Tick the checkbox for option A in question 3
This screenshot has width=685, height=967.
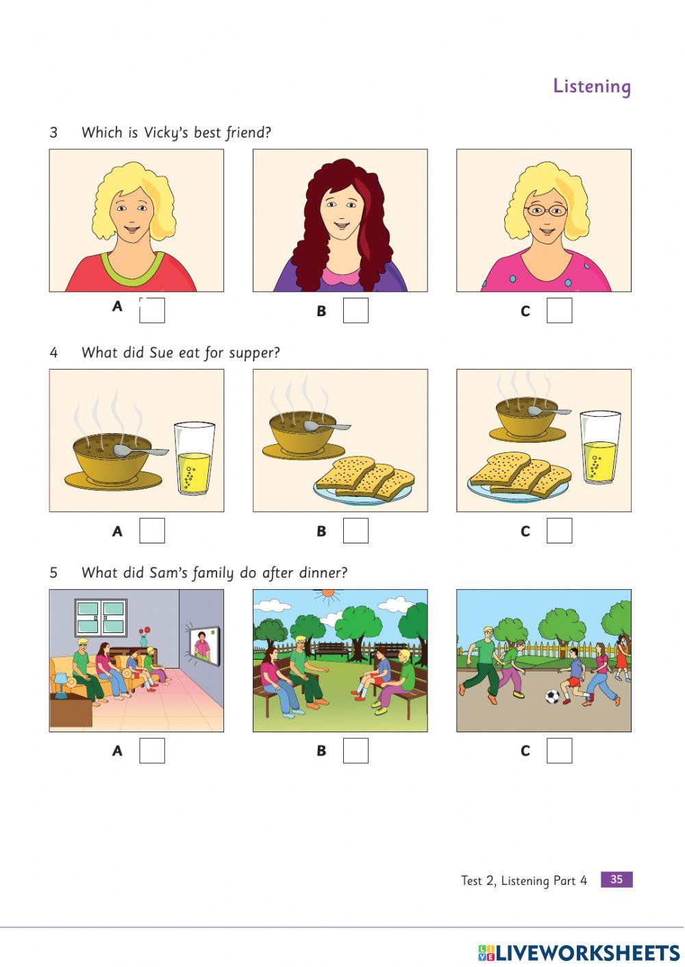(151, 310)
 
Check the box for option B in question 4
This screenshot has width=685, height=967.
(356, 530)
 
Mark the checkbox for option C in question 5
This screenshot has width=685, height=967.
(559, 750)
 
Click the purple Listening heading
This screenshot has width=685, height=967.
(592, 86)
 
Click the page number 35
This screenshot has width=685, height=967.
(616, 879)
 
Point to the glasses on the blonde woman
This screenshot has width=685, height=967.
(546, 210)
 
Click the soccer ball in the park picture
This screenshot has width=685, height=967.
(552, 697)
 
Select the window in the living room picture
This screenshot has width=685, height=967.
(101, 617)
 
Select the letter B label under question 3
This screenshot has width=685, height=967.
(321, 311)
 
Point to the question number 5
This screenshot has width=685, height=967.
(53, 573)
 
